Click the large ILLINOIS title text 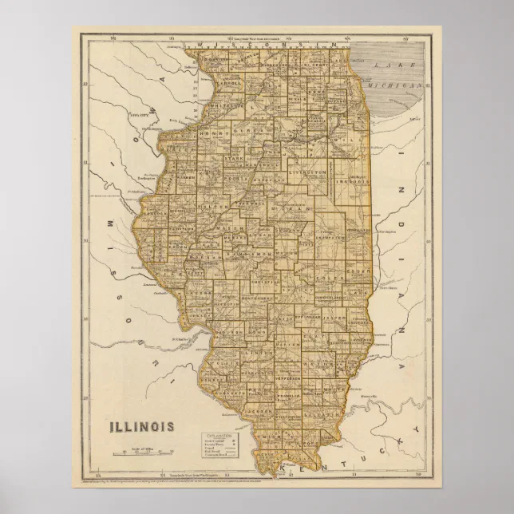point(144,425)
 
